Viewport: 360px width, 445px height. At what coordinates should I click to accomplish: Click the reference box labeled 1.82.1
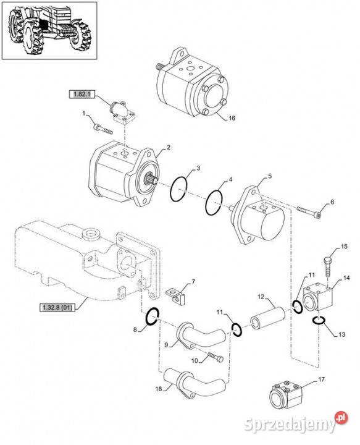click(82, 94)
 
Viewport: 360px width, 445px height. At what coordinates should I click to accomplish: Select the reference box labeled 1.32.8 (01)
click(57, 307)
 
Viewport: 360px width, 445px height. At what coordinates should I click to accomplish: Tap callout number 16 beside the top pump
click(232, 118)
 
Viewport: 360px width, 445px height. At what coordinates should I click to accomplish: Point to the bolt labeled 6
click(309, 212)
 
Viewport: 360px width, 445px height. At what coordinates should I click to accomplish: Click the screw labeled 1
click(103, 129)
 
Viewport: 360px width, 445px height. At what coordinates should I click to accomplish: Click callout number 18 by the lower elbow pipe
click(159, 389)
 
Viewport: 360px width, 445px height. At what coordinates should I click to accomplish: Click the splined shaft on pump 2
click(151, 179)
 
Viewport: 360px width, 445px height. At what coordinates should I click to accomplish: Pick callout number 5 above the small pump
click(270, 176)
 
